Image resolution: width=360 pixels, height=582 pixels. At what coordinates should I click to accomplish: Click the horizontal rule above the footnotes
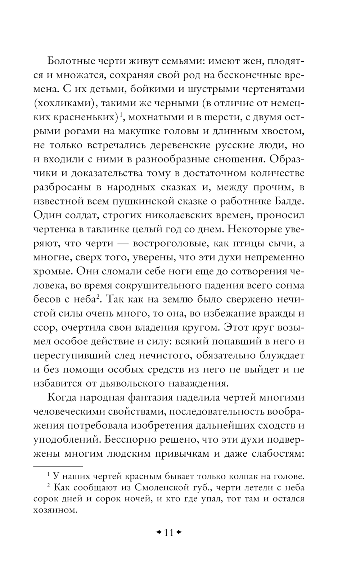coord(58,466)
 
